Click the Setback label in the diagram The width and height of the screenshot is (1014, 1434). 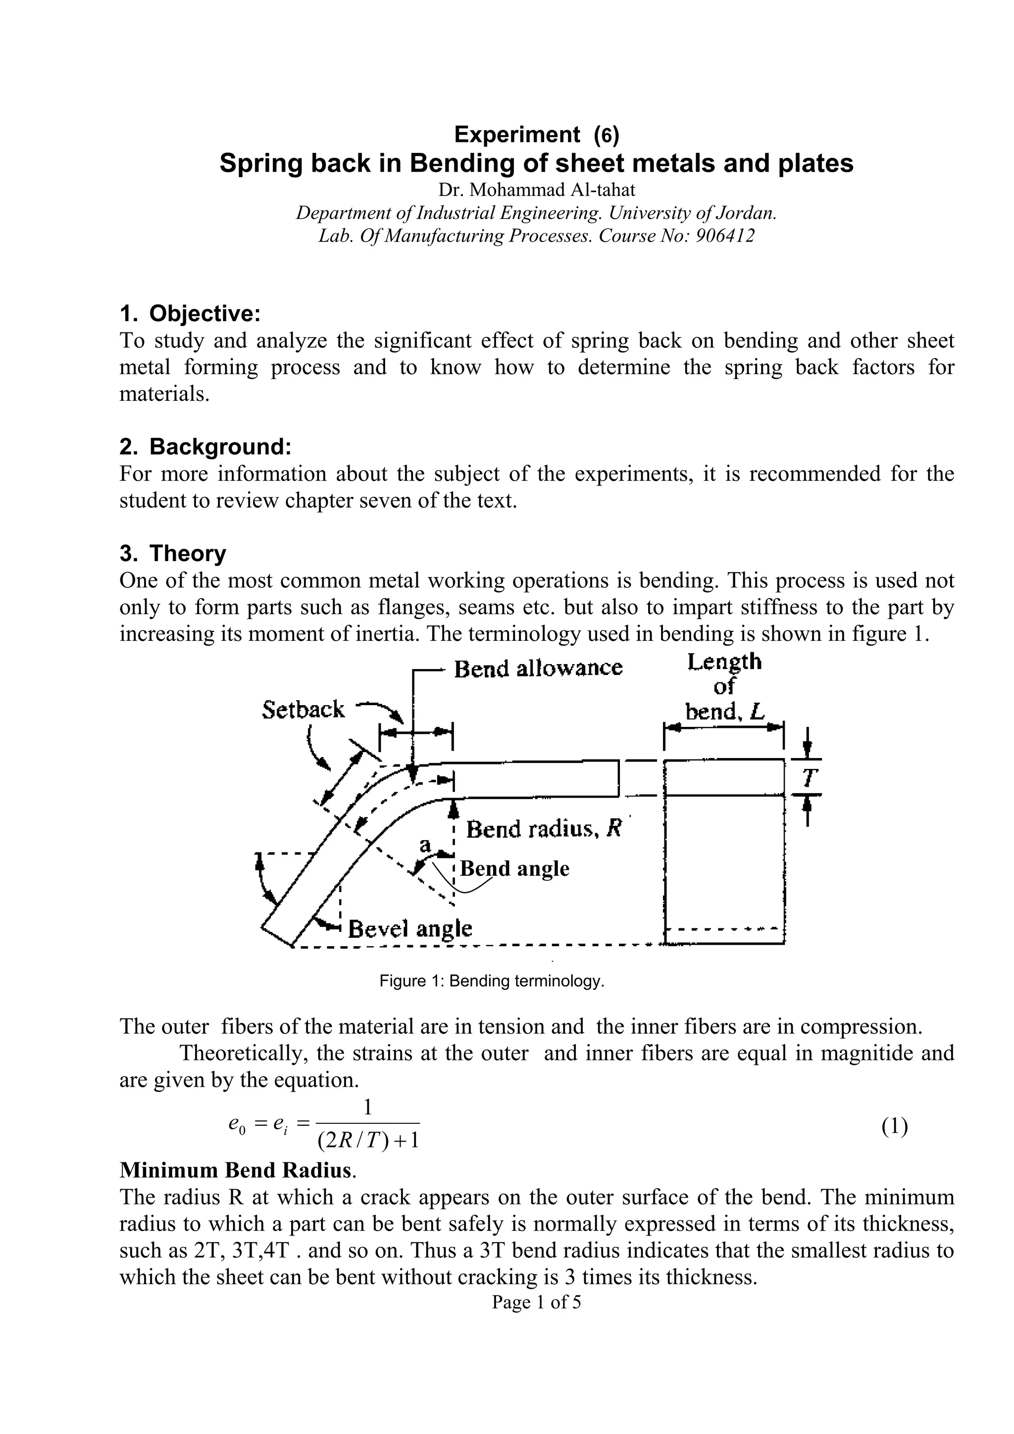tap(303, 710)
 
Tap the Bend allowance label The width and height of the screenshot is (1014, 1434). tap(538, 669)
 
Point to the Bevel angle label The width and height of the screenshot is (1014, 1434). tap(409, 929)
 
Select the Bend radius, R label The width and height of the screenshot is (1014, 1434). tap(544, 829)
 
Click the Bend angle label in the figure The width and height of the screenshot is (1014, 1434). tap(515, 869)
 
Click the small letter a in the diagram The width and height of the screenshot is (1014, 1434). tap(425, 845)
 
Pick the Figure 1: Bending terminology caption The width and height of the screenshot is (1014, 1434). tap(492, 981)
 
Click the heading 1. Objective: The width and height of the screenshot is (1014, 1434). tap(189, 313)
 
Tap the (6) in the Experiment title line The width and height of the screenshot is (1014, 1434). tap(606, 134)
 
